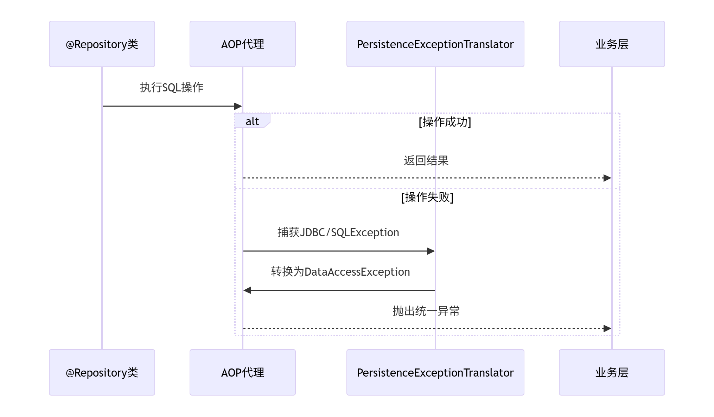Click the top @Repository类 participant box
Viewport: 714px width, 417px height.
pyautogui.click(x=102, y=44)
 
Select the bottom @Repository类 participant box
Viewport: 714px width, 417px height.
pyautogui.click(x=102, y=372)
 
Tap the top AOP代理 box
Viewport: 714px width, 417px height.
pyautogui.click(x=243, y=44)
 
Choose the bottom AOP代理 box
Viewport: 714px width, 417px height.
pyautogui.click(x=243, y=372)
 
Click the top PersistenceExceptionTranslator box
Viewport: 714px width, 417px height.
pyautogui.click(x=435, y=44)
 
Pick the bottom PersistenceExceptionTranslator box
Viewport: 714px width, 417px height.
pyautogui.click(x=435, y=372)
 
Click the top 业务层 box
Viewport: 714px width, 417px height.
pyautogui.click(x=612, y=44)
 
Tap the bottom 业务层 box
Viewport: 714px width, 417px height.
pyautogui.click(x=612, y=372)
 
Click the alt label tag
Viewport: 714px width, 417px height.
pyautogui.click(x=252, y=121)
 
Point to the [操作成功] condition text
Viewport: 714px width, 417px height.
pyautogui.click(x=445, y=122)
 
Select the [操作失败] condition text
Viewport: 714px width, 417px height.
pyautogui.click(x=427, y=197)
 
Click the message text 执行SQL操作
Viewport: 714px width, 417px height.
pyautogui.click(x=172, y=88)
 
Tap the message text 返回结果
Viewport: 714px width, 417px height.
pyautogui.click(x=426, y=161)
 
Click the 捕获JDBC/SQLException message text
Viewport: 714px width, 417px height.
pyautogui.click(x=338, y=232)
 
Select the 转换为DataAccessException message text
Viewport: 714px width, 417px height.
pyautogui.click(x=340, y=272)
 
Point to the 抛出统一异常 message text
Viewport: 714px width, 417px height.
pyautogui.click(x=426, y=311)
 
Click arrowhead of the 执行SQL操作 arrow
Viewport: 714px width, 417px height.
pyautogui.click(x=238, y=106)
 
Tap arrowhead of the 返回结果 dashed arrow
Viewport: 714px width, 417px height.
pyautogui.click(x=607, y=178)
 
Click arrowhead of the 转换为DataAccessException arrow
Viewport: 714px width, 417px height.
pyautogui.click(x=247, y=290)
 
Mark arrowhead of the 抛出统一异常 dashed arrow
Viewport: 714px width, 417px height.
pyautogui.click(x=607, y=328)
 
